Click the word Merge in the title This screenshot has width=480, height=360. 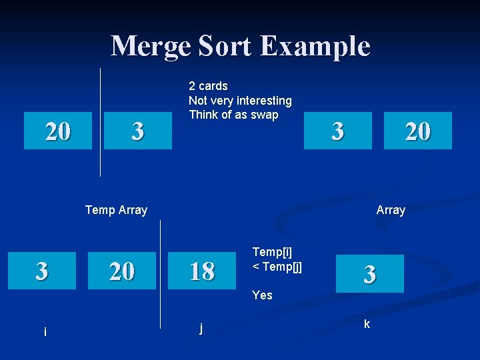click(x=150, y=46)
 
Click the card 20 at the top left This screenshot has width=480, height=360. click(x=58, y=131)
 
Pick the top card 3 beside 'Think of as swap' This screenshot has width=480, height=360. click(x=337, y=131)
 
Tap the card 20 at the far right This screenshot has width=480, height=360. click(x=418, y=131)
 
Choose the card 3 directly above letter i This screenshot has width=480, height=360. click(x=41, y=271)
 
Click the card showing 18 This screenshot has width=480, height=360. click(x=201, y=271)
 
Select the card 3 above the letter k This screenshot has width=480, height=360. click(x=369, y=274)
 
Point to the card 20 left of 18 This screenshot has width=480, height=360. click(x=121, y=271)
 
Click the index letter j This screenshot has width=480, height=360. click(x=201, y=327)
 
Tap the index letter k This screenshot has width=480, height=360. click(x=367, y=325)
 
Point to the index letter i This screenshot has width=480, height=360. click(x=45, y=331)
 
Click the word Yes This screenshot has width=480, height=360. click(x=262, y=295)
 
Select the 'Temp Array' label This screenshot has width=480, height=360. click(x=116, y=210)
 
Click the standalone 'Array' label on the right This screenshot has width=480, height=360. click(x=391, y=210)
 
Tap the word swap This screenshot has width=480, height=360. click(x=264, y=115)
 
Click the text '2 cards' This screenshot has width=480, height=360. click(x=208, y=86)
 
